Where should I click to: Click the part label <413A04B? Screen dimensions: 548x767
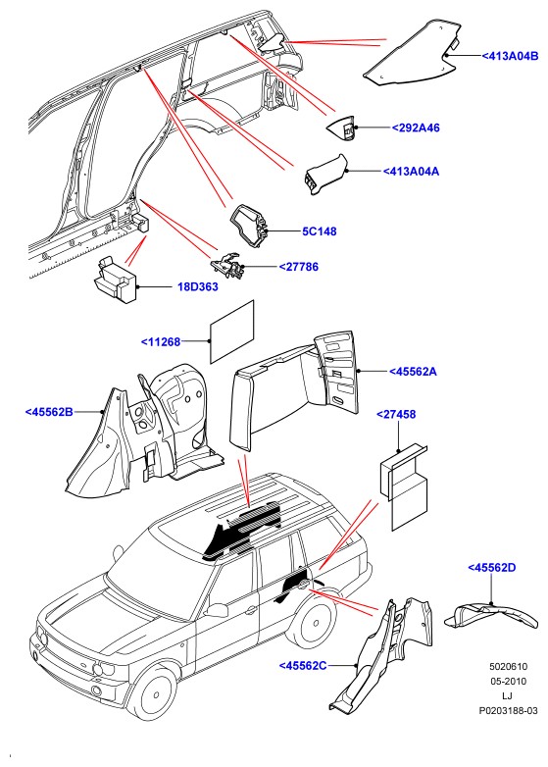(x=510, y=56)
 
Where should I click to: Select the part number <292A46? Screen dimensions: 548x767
(x=416, y=128)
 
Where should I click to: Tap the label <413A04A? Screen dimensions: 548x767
(x=411, y=172)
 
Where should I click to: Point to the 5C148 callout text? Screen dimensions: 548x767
(x=320, y=231)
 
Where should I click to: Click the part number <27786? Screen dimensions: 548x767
(x=298, y=267)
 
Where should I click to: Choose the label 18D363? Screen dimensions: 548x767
(x=197, y=286)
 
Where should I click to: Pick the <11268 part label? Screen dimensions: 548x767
(x=161, y=342)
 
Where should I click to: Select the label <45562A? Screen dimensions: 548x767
(x=413, y=372)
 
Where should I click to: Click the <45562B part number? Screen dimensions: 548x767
(x=49, y=412)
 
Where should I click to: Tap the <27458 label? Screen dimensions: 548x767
(x=396, y=414)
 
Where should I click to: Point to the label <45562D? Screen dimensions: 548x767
(x=492, y=568)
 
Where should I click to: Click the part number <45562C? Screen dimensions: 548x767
(x=303, y=665)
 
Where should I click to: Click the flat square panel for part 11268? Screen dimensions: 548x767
(x=232, y=332)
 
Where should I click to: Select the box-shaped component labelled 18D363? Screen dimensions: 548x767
(x=116, y=279)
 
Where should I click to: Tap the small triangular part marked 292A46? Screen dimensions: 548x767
(x=342, y=128)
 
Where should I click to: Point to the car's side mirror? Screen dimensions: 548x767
(x=217, y=609)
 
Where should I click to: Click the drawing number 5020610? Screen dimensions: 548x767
(x=509, y=666)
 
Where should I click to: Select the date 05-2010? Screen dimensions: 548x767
(x=509, y=681)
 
